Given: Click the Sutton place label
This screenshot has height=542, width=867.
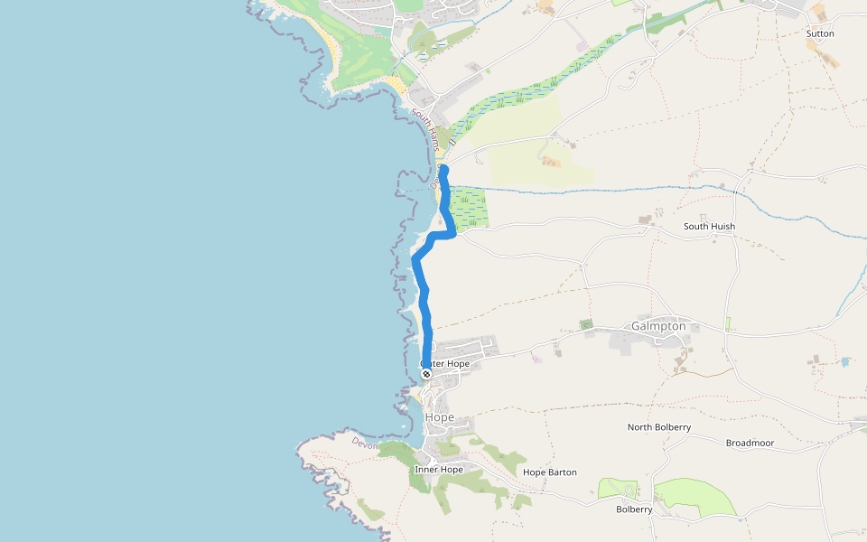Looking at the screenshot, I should click(x=820, y=33).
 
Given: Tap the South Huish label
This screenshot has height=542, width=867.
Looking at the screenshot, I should click(x=709, y=227).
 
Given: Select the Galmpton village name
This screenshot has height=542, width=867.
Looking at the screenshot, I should click(x=658, y=326).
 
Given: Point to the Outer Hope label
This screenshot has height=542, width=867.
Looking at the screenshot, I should click(x=445, y=364).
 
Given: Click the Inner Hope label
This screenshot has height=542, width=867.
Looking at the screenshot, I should click(x=439, y=470).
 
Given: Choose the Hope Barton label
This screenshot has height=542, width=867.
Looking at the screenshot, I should click(x=549, y=472).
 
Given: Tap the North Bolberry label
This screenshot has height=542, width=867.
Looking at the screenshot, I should click(x=659, y=426).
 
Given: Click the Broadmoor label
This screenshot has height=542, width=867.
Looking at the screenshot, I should click(x=750, y=444).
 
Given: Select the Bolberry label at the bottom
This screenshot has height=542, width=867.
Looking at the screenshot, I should click(x=634, y=509).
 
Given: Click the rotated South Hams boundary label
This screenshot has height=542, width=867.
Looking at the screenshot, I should click(x=424, y=127).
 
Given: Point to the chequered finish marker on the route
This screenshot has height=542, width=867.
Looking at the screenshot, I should click(x=426, y=373).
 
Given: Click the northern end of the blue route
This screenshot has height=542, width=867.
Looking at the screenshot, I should click(x=443, y=170).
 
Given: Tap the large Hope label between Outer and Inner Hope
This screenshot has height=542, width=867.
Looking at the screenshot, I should click(x=439, y=417).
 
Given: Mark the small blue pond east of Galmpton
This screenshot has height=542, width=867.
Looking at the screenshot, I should click(x=844, y=361).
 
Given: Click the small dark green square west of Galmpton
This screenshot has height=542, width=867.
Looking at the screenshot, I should click(x=586, y=323).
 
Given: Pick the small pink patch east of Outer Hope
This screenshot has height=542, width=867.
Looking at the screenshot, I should click(x=536, y=359).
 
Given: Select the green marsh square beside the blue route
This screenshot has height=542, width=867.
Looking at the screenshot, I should click(x=469, y=208).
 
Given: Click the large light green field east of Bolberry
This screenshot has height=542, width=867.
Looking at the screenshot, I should click(x=695, y=497).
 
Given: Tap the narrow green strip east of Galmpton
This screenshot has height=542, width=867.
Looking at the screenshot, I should click(x=727, y=323).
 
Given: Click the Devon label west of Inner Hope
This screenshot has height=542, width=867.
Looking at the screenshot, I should click(x=364, y=444).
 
